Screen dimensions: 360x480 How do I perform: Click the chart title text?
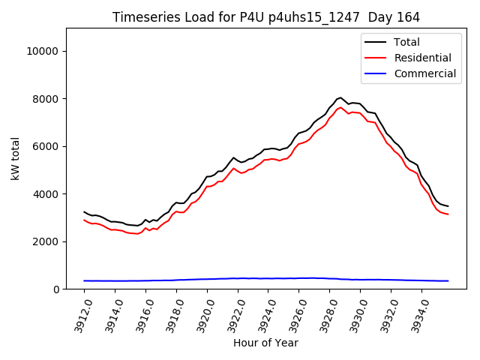(x=266, y=17)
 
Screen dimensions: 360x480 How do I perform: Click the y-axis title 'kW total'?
(x=16, y=159)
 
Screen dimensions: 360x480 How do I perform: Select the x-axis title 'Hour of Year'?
(x=266, y=343)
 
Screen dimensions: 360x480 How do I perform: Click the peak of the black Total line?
(x=341, y=97)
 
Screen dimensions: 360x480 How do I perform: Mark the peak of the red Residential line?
(x=341, y=107)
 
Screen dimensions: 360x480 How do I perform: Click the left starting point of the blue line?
(x=84, y=280)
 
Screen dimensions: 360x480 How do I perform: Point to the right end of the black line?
(x=448, y=206)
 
